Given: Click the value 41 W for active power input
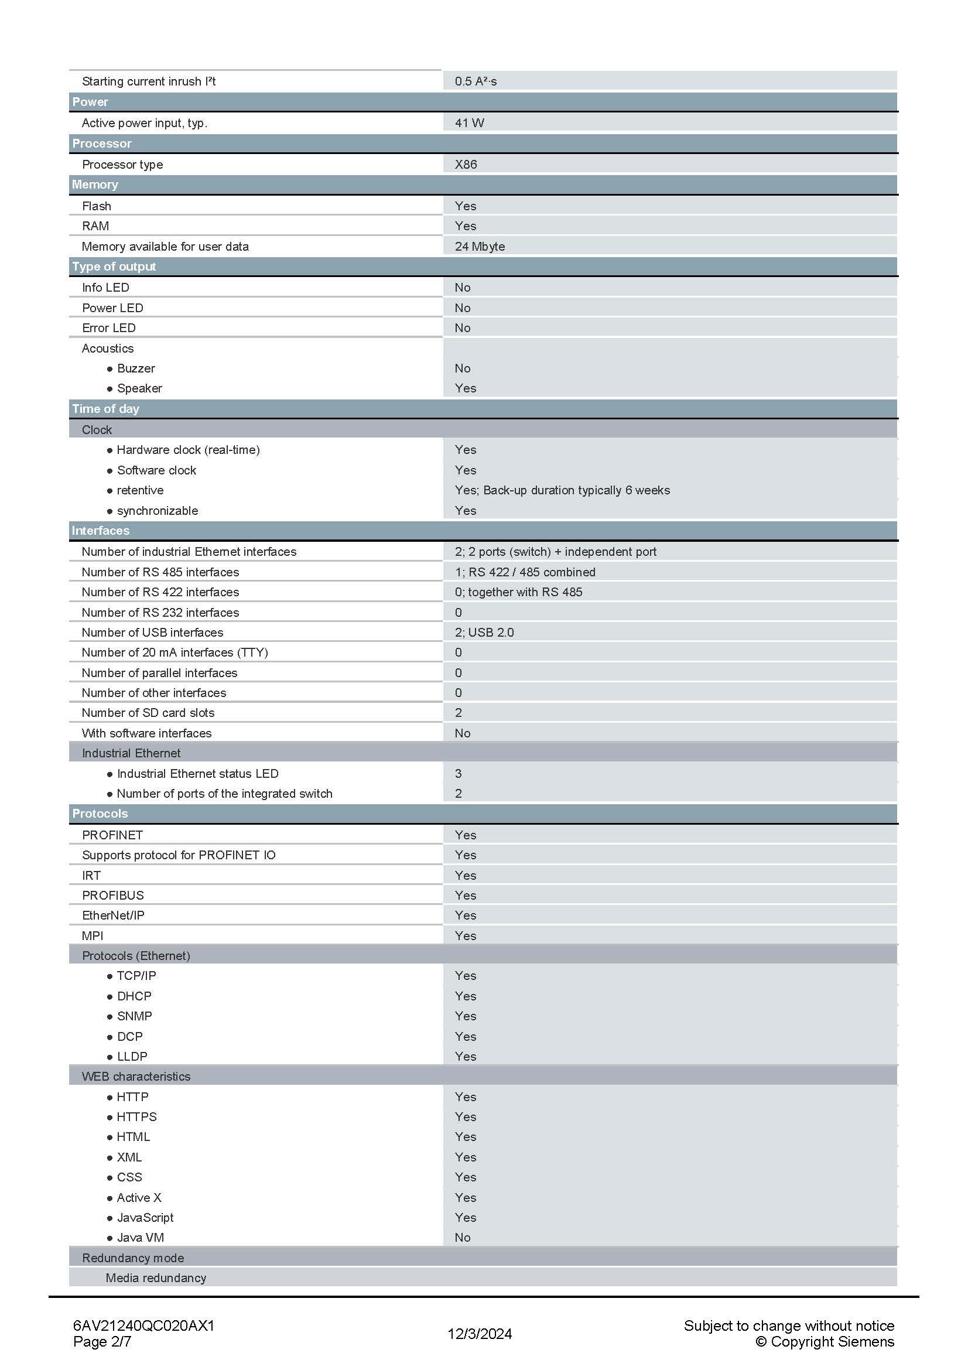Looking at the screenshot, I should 470,123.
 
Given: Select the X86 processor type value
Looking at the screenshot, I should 466,164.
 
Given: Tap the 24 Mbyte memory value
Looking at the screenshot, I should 480,247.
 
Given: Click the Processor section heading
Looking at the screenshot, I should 102,143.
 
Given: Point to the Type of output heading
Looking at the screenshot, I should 114,267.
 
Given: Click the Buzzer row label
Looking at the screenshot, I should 136,368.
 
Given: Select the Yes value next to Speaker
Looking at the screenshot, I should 465,388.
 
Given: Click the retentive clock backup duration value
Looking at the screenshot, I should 562,490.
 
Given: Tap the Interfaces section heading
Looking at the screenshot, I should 101,531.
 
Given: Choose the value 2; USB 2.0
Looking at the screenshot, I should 484,632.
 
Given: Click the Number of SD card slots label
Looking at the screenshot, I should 148,712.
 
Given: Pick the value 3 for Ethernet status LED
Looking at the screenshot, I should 458,773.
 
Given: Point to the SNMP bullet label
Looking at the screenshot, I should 134,1016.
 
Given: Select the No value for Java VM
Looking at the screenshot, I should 462,1238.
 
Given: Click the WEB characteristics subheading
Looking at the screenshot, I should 136,1077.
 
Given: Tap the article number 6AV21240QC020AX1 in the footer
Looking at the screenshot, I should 143,1326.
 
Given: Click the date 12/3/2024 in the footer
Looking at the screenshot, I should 480,1334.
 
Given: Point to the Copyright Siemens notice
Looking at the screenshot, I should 825,1341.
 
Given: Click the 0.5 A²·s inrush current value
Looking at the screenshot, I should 476,81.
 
